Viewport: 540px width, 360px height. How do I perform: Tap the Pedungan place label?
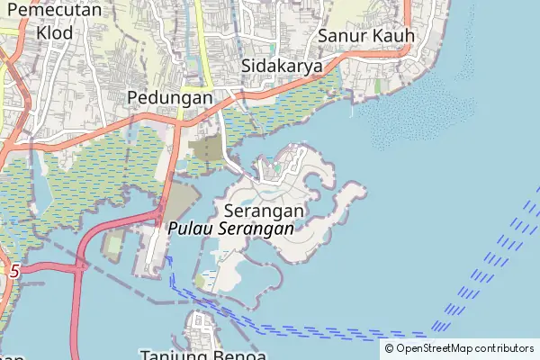tap(169, 97)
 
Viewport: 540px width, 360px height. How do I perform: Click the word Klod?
tap(56, 32)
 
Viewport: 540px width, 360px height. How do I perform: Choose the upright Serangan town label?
tap(264, 210)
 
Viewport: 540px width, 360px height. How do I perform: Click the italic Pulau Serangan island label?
tap(231, 229)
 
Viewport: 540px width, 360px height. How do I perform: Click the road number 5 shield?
tap(13, 269)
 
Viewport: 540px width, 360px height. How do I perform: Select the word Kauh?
tap(392, 35)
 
